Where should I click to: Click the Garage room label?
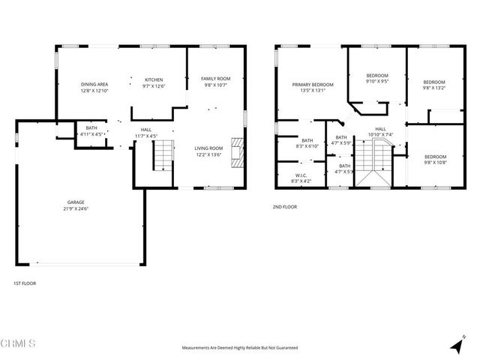76,202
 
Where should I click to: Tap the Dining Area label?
94,84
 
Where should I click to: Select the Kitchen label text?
154,79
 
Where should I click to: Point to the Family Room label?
214,79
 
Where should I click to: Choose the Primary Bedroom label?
312,84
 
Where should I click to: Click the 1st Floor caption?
25,283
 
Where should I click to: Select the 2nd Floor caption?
285,206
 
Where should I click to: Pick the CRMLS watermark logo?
19,344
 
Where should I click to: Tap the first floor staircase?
163,157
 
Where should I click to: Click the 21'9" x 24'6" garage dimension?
76,208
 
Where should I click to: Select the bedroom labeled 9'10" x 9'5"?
377,79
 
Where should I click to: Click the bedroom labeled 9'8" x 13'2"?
434,85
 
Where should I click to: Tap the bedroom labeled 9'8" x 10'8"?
435,159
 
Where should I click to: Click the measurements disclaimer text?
240,348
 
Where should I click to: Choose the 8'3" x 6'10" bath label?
307,142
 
